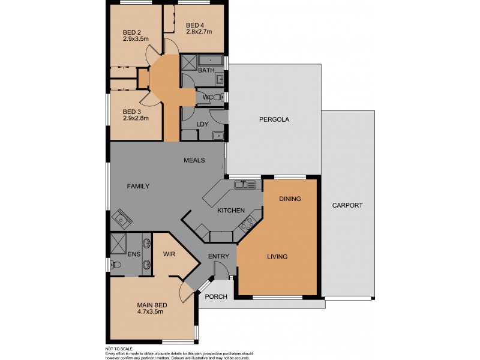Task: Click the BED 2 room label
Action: click(x=131, y=32)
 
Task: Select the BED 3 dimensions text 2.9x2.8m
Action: click(x=136, y=119)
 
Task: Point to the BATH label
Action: click(x=206, y=71)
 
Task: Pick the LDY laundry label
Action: click(x=203, y=124)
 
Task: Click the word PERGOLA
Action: click(x=274, y=119)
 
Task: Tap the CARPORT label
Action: click(x=348, y=205)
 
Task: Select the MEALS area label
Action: click(x=194, y=160)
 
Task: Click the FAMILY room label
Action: click(x=138, y=186)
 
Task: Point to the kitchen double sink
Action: click(x=247, y=184)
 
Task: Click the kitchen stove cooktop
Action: click(x=247, y=224)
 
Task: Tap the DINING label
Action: click(x=290, y=199)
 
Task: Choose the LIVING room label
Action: click(x=277, y=257)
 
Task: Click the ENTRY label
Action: click(x=218, y=257)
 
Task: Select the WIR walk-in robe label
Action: click(x=169, y=254)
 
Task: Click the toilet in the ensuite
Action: click(x=117, y=264)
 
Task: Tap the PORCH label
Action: click(x=216, y=297)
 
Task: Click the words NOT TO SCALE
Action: click(x=119, y=349)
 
